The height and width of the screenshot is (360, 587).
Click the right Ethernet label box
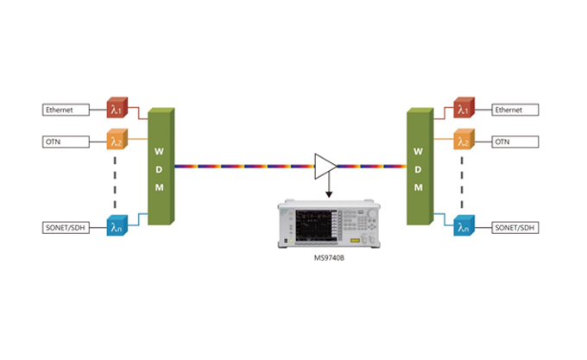(515, 111)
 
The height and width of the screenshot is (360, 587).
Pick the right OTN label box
(515, 141)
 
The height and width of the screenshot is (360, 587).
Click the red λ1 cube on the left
(116, 110)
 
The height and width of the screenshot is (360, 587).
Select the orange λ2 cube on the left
(116, 140)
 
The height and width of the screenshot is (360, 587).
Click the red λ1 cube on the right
(464, 110)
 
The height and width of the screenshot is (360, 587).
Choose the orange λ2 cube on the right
(464, 140)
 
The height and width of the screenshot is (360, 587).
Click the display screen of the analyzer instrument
(315, 224)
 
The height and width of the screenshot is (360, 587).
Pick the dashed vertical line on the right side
(465, 181)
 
